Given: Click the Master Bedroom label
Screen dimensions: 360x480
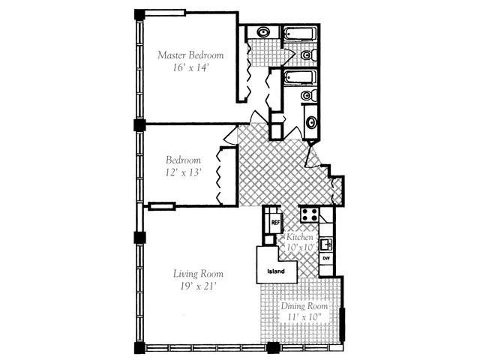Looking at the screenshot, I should pyautogui.click(x=190, y=55).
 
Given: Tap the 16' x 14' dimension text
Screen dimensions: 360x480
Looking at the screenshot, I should pyautogui.click(x=190, y=67).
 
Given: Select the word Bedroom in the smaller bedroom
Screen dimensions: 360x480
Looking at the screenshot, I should pyautogui.click(x=183, y=160).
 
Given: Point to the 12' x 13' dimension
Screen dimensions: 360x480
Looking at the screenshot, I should pyautogui.click(x=183, y=172).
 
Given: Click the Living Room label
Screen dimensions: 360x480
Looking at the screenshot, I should pyautogui.click(x=197, y=274).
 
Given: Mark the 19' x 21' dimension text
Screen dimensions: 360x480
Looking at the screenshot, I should pyautogui.click(x=197, y=286).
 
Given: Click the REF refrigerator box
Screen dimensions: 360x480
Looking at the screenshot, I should pyautogui.click(x=275, y=222).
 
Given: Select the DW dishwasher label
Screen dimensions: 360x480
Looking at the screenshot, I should pyautogui.click(x=326, y=258).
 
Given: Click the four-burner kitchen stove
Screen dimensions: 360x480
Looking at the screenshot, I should pyautogui.click(x=310, y=215).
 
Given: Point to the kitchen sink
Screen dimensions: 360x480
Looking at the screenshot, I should pyautogui.click(x=326, y=244).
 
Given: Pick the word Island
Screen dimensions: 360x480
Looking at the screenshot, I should pyautogui.click(x=277, y=271).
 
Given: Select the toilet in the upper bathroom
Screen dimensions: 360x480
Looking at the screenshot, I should pyautogui.click(x=307, y=55).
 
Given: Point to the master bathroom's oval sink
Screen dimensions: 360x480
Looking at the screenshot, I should pyautogui.click(x=265, y=32).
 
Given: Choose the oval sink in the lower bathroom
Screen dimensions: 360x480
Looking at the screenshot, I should pyautogui.click(x=311, y=124).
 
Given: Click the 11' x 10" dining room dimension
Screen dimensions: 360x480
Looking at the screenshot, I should pyautogui.click(x=304, y=319).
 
